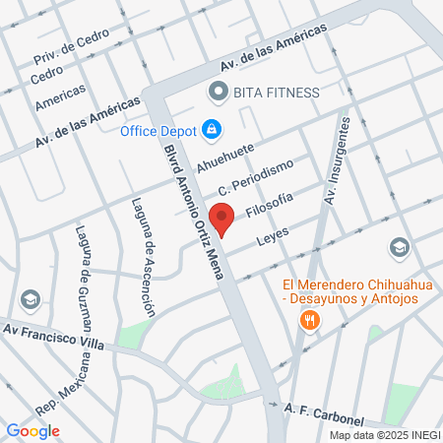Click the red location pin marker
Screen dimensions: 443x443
tap(221, 219)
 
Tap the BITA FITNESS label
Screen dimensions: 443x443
tap(276, 93)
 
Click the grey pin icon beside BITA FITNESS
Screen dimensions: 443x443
tap(218, 92)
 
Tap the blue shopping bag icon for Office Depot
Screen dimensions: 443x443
tap(211, 129)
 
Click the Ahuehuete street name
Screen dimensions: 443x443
tap(224, 158)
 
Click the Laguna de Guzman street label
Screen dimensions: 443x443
tap(83, 279)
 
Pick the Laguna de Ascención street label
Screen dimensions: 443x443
tap(143, 257)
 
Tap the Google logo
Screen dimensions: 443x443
tap(32, 430)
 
